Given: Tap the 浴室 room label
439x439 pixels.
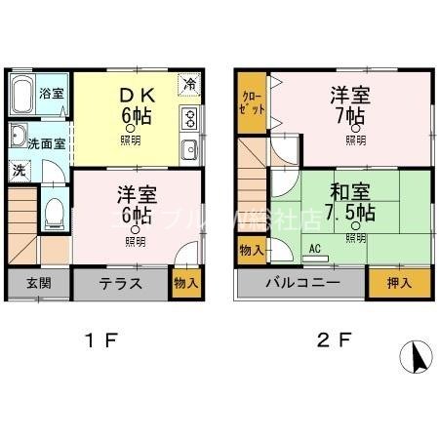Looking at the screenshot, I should pyautogui.click(x=52, y=94).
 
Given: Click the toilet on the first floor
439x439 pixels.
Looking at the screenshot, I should pyautogui.click(x=56, y=210).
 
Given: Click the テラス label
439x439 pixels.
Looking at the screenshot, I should pyautogui.click(x=121, y=285).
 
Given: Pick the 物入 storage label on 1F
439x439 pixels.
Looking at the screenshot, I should pyautogui.click(x=185, y=284).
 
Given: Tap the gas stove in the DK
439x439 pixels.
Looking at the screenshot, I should pyautogui.click(x=189, y=121).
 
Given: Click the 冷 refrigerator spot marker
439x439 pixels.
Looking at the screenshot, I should pyautogui.click(x=190, y=85).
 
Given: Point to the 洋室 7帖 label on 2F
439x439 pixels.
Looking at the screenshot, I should pyautogui.click(x=348, y=106).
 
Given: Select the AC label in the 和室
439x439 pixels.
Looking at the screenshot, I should pyautogui.click(x=315, y=249).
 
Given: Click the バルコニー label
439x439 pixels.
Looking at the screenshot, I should pyautogui.click(x=301, y=284).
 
